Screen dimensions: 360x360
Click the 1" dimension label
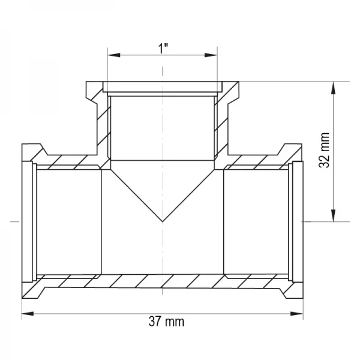point(163,49)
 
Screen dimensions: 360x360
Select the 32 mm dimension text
point(325,150)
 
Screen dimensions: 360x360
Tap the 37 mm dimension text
point(166,322)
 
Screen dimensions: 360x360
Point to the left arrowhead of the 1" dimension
point(114,55)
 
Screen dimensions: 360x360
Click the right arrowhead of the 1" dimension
point(211,55)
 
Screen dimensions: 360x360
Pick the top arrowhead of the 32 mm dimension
point(334,88)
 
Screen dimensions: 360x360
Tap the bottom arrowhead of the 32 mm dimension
point(334,215)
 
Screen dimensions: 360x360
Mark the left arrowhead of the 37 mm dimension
point(28,314)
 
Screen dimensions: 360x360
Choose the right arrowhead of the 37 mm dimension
point(296,314)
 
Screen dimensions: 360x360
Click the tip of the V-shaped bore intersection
point(163,221)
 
